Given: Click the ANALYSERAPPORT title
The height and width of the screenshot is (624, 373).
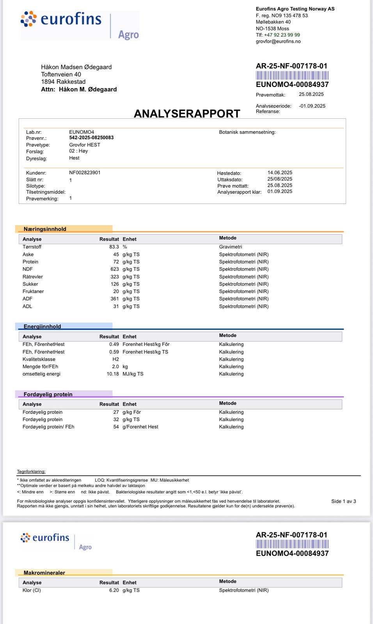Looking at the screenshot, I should pos(187,113).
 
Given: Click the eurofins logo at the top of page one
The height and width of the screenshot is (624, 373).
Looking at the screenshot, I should pos(61,19).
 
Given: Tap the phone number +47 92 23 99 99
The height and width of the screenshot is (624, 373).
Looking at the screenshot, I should pos(282,35).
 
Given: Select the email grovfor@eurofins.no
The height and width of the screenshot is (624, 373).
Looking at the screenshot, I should pos(278,41).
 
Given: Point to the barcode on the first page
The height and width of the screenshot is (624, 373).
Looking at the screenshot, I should pos(292,75).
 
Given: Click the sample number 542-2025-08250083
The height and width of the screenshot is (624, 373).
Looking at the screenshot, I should pos(91,138).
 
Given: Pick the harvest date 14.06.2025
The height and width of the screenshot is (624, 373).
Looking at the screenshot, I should pos(280,172).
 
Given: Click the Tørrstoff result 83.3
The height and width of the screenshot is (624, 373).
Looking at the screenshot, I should pos(114,247).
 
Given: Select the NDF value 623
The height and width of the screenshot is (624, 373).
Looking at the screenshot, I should pos(115,269).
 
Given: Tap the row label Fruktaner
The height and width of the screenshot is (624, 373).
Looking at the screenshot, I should pos(33,291).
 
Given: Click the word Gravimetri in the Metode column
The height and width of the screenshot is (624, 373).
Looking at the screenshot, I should pos(231,247).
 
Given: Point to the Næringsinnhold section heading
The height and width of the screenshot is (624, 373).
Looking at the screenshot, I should pos(45,229).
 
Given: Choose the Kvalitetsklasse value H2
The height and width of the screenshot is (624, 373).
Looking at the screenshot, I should pos(115,359).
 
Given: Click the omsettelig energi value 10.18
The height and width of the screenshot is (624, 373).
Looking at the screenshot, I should pos(113,374).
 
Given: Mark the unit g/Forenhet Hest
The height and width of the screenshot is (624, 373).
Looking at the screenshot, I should pos(140,427).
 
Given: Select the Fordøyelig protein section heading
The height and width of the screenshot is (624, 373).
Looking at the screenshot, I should pos(48,394).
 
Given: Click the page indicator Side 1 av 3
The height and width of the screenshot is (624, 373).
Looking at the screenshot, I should pos(343,501).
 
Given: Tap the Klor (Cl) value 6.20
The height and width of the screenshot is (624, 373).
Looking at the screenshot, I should pos(114,590).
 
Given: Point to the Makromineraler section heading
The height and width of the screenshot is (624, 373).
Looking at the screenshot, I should pos(44,573).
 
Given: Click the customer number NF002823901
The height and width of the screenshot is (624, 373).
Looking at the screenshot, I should pos(85,172).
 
